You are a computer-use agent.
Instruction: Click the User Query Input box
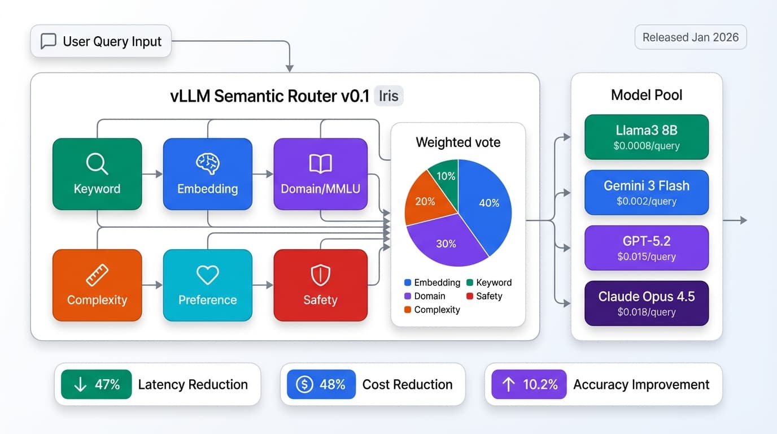[x=101, y=41]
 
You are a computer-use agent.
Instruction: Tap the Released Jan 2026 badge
[x=690, y=37]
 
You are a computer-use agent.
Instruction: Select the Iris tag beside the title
[x=388, y=96]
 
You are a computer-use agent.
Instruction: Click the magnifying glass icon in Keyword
[x=97, y=164]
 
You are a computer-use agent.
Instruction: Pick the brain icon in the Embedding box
[x=207, y=164]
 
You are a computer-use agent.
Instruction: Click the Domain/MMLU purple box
[x=320, y=174]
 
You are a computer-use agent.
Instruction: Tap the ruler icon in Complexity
[x=97, y=275]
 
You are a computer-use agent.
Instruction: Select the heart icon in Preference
[x=207, y=275]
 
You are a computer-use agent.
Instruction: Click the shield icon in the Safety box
[x=320, y=275]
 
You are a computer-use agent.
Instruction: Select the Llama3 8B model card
[x=647, y=137]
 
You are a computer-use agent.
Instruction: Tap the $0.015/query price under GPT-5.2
[x=647, y=257]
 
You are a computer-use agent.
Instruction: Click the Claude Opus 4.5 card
[x=647, y=303]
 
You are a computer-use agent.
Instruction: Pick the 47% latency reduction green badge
[x=96, y=385]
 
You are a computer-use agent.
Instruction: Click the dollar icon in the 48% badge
[x=304, y=385]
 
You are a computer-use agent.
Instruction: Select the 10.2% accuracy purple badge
[x=529, y=385]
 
